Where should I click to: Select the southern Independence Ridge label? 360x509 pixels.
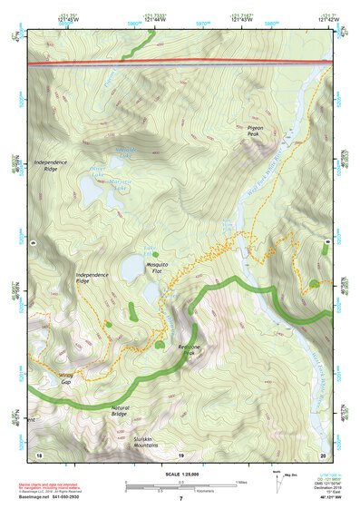95,277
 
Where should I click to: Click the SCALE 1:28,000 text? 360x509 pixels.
180,473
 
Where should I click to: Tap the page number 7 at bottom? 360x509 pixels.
180,498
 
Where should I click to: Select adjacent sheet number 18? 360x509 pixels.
39,454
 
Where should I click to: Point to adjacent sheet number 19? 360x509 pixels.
180,454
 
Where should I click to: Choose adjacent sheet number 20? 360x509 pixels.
323,454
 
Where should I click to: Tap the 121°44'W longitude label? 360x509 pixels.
151,19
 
